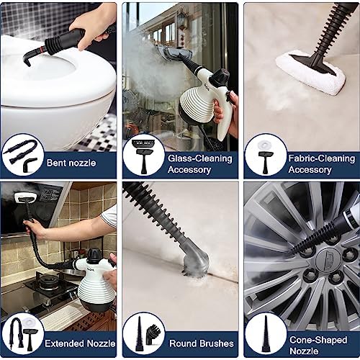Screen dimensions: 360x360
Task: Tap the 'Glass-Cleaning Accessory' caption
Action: coord(199,163)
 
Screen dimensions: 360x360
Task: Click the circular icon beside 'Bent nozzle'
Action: coord(23,156)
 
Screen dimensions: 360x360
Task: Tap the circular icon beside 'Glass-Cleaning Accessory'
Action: coord(143,156)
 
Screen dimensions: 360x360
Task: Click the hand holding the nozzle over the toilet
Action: coord(94,22)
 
